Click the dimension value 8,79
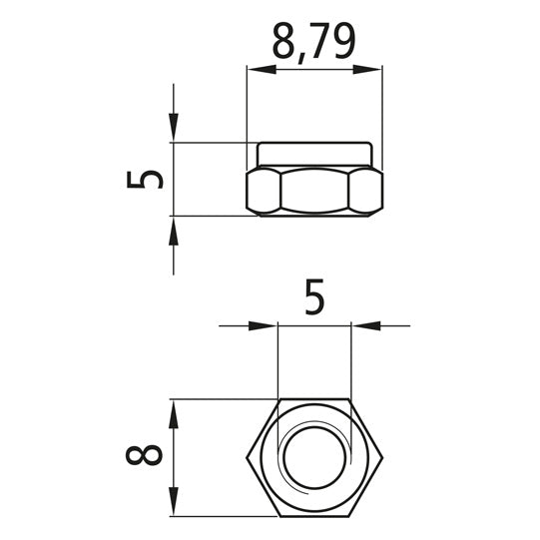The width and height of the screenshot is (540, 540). (313, 42)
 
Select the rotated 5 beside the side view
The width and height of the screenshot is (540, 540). (147, 179)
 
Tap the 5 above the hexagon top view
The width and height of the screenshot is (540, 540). (314, 298)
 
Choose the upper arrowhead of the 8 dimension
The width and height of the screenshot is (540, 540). (174, 410)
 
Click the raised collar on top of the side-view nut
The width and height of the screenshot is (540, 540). (314, 155)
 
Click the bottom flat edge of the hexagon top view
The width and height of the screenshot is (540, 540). (314, 517)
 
